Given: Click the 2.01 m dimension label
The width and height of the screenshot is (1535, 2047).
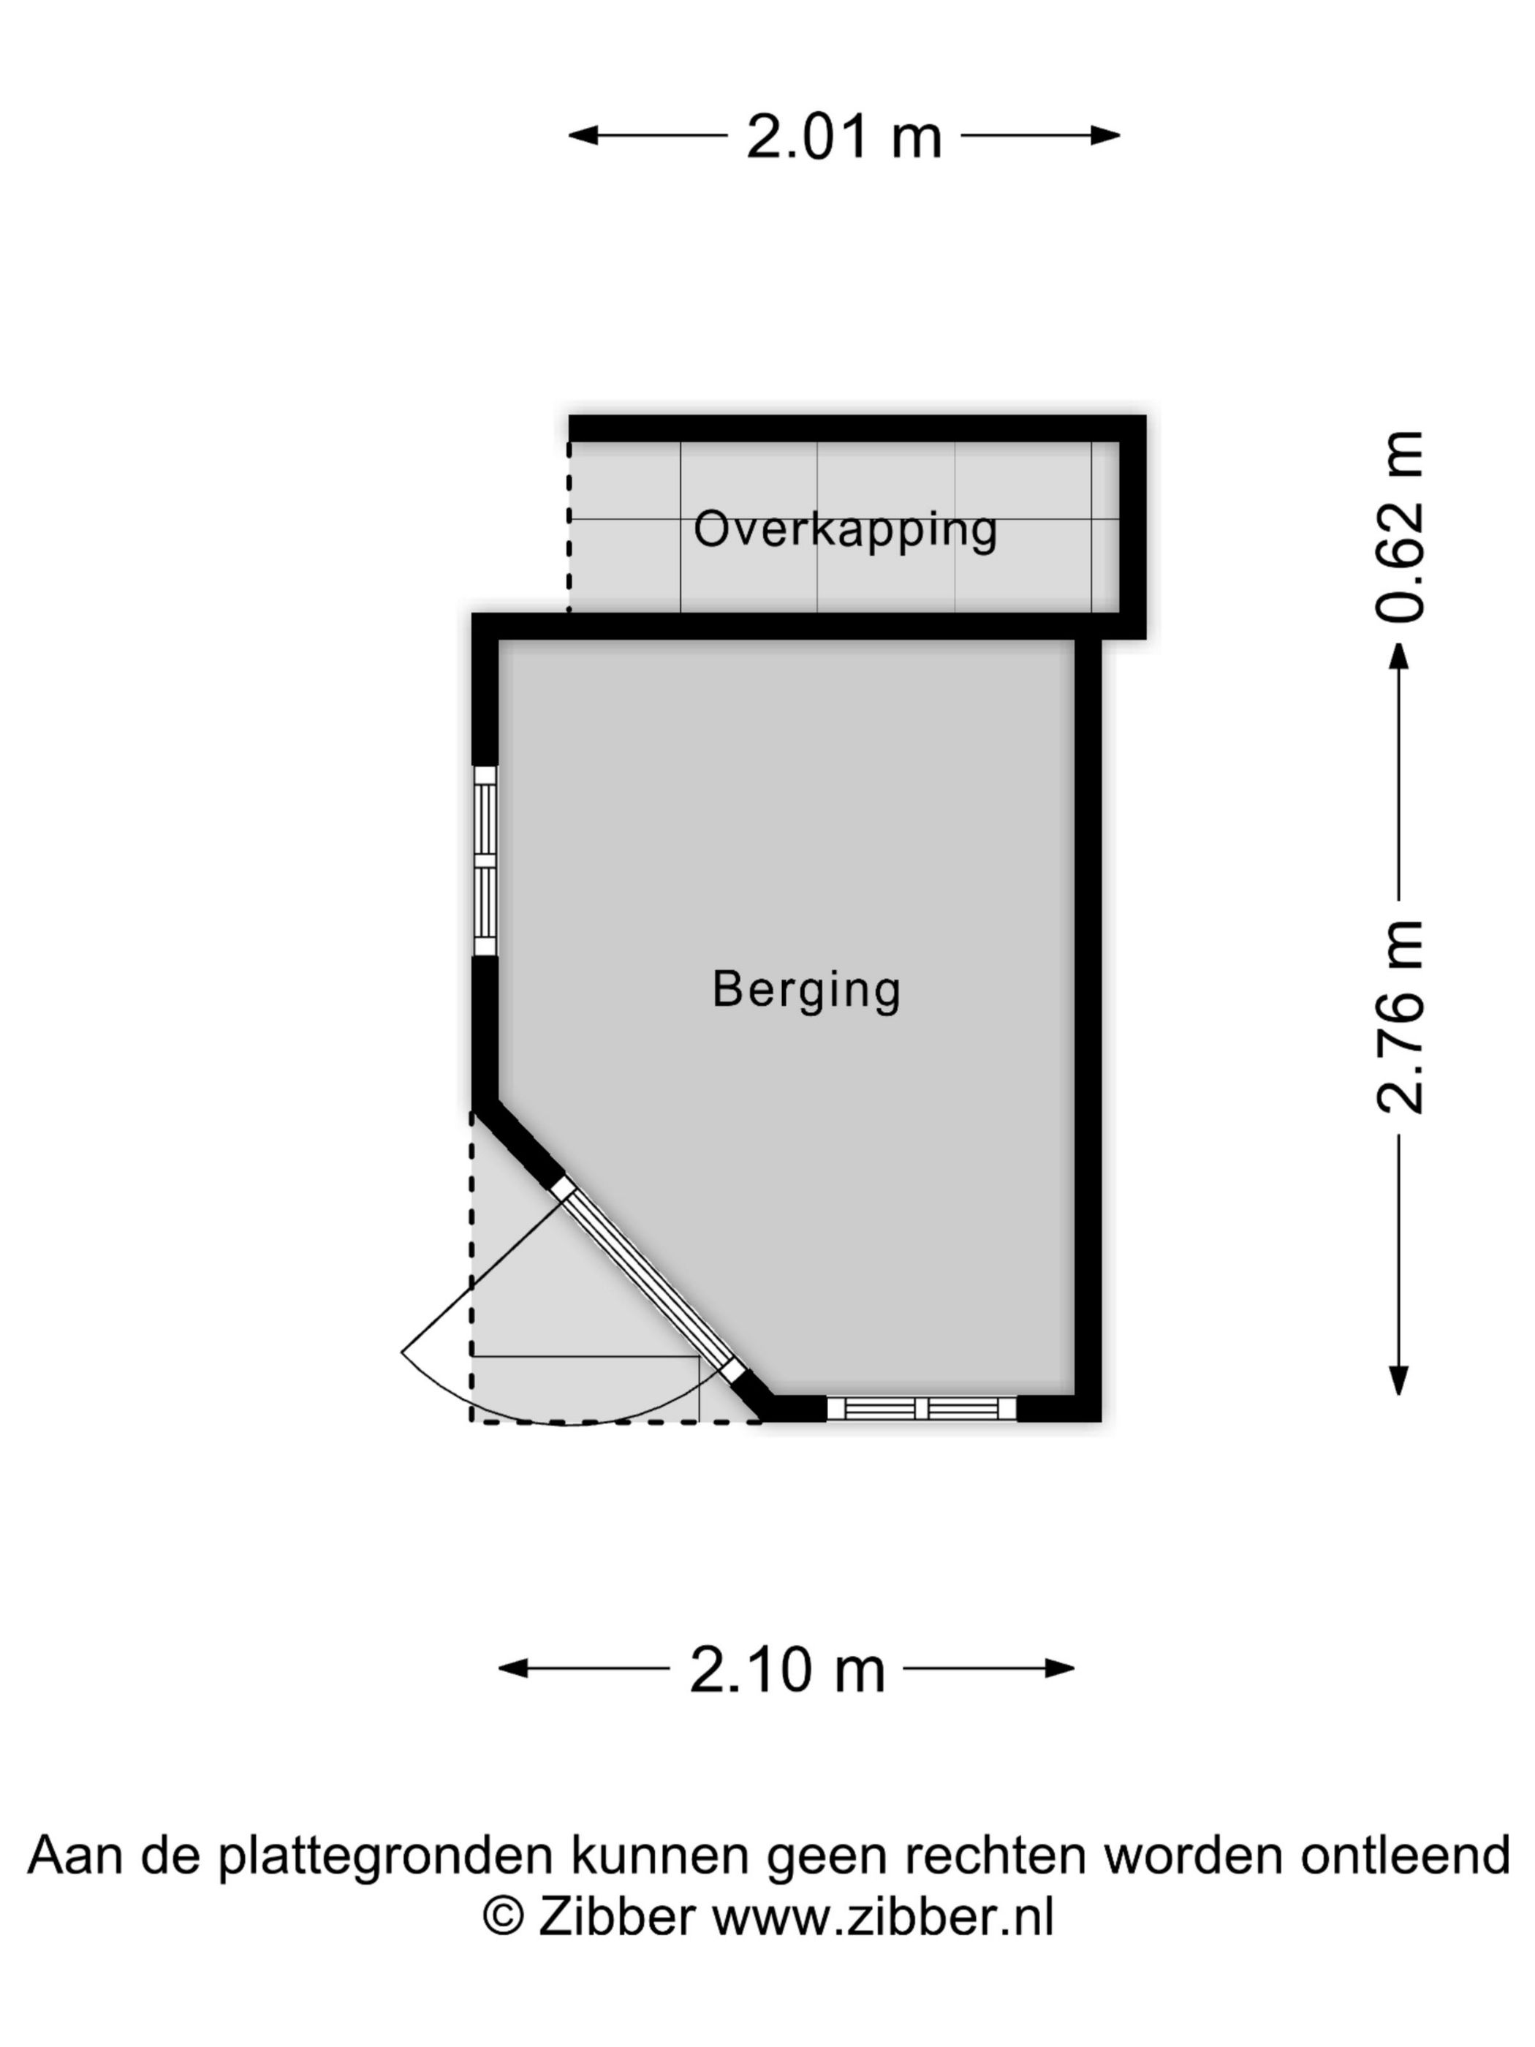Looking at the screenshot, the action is pyautogui.click(x=843, y=137).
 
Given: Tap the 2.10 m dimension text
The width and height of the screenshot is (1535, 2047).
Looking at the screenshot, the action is pyautogui.click(x=787, y=1670).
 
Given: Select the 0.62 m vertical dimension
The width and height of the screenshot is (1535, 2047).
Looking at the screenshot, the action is pyautogui.click(x=1399, y=526).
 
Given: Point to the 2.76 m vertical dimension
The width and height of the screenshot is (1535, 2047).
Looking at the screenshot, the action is pyautogui.click(x=1399, y=1017).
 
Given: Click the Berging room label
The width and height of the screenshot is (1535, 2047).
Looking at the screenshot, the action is pyautogui.click(x=806, y=990).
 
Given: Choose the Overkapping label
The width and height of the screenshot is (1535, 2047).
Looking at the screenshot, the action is pyautogui.click(x=846, y=530).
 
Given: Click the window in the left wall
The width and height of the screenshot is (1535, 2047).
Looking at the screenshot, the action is pyautogui.click(x=485, y=860).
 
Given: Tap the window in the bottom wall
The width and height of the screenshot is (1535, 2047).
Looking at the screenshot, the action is pyautogui.click(x=922, y=1409).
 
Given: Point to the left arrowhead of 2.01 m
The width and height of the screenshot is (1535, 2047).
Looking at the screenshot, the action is pyautogui.click(x=583, y=136).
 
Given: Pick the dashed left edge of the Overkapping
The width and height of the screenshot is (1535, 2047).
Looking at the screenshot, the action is pyautogui.click(x=568, y=526).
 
